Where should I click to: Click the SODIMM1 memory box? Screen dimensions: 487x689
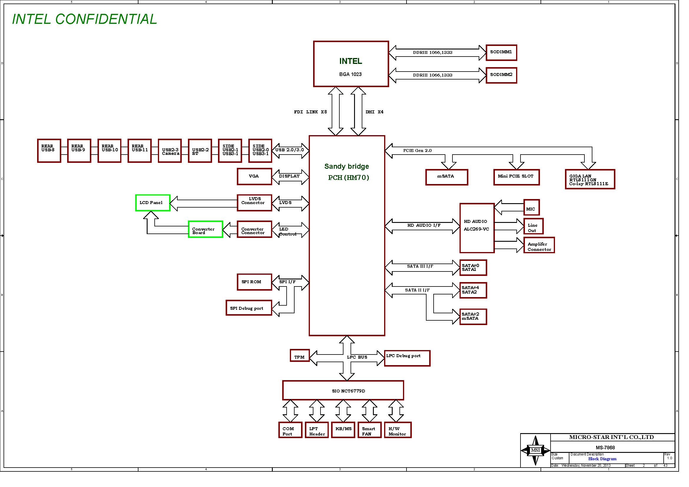tap(501, 53)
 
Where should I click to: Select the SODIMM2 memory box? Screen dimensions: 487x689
tap(501, 75)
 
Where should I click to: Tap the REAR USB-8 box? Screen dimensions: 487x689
tap(49, 150)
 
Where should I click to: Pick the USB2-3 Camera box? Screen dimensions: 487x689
tap(170, 151)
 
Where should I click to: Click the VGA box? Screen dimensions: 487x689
tap(254, 176)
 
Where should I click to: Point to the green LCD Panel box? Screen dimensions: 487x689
tap(153, 203)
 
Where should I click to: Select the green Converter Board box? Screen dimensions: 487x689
tap(205, 229)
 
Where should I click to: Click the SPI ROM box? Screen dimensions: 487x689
tap(254, 282)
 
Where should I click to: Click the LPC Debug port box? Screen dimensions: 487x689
tap(407, 358)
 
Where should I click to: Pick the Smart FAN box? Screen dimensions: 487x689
tap(369, 430)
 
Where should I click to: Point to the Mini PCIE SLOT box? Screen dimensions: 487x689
tap(516, 177)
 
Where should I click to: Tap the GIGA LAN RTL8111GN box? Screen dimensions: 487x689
tap(590, 179)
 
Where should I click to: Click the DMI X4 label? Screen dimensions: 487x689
tap(374, 112)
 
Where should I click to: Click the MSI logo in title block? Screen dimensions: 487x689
tap(535, 450)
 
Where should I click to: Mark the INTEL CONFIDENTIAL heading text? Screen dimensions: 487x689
tap(84, 19)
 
